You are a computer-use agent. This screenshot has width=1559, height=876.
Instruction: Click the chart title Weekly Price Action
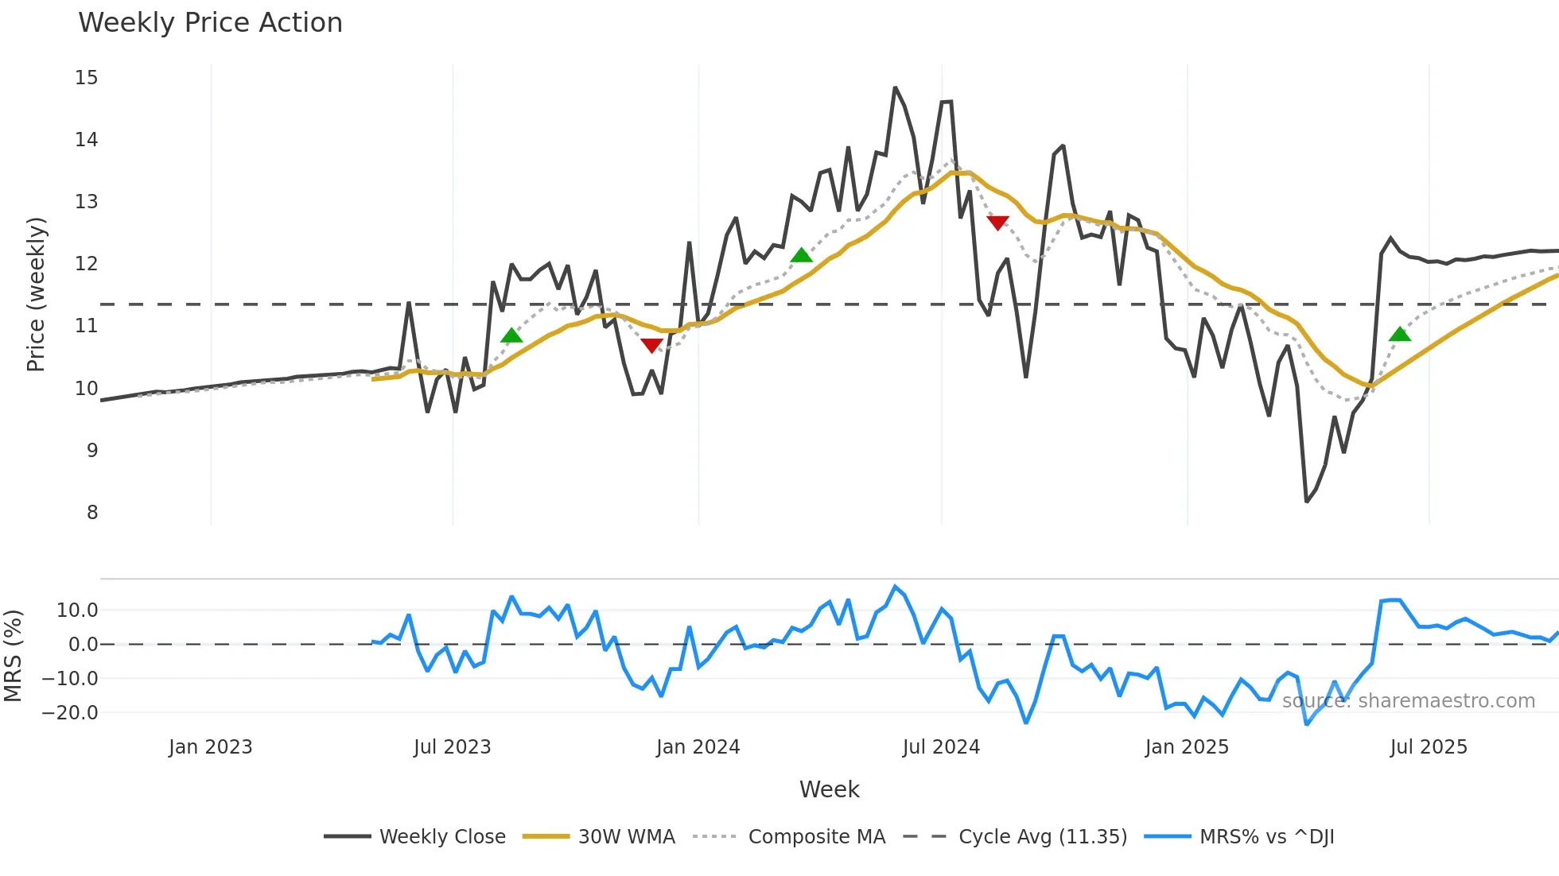click(x=210, y=23)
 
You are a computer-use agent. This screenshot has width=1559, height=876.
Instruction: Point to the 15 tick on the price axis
click(x=87, y=78)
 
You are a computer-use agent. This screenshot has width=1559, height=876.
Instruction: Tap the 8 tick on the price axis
click(x=92, y=513)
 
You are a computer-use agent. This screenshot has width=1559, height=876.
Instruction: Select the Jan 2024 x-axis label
click(x=698, y=747)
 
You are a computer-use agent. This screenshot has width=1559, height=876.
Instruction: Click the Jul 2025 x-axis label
click(x=1428, y=747)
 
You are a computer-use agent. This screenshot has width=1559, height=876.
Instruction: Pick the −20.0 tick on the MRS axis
click(x=70, y=713)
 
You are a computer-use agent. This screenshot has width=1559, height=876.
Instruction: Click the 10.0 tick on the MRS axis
click(x=77, y=610)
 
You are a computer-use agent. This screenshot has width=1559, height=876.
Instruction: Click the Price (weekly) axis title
click(x=36, y=294)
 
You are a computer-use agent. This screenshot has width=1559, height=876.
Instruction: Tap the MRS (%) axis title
click(x=14, y=656)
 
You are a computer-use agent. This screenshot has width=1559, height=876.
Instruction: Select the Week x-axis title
click(x=829, y=789)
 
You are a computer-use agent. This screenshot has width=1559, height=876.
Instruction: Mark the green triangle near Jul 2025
click(x=1400, y=335)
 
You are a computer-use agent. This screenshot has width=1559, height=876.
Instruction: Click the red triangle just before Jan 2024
click(x=651, y=345)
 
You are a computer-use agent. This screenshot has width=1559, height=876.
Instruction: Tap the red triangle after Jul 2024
click(x=997, y=223)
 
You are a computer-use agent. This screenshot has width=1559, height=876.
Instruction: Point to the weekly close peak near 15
click(x=895, y=87)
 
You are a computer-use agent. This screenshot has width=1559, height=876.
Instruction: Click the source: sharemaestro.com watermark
click(x=1408, y=701)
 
